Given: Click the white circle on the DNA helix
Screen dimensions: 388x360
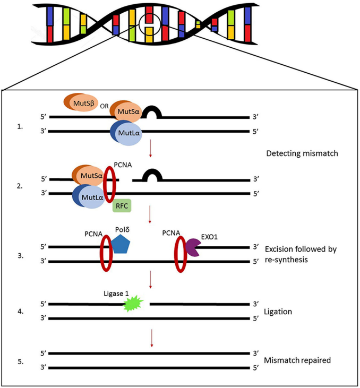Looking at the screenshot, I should [x=150, y=25].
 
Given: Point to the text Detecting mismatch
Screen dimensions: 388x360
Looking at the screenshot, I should [x=301, y=154].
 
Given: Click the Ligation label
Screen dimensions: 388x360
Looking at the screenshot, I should [x=278, y=312].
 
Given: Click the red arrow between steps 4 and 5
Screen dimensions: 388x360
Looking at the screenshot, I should [x=152, y=338].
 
